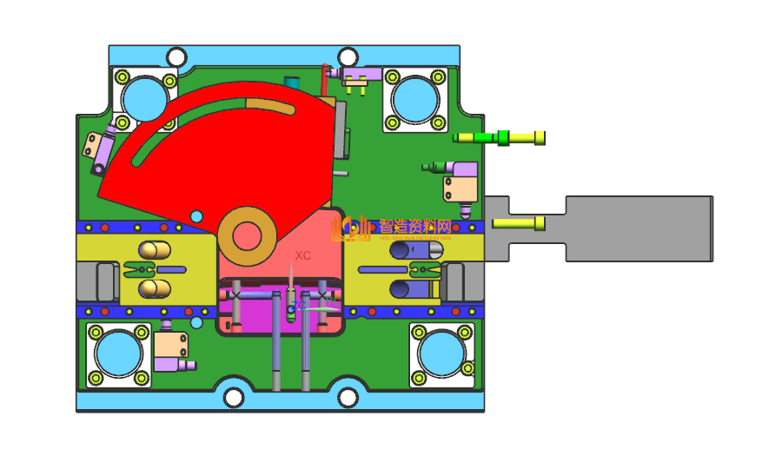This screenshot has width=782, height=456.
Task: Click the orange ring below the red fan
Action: [x=247, y=235]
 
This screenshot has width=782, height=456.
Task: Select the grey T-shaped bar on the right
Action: [x=639, y=228]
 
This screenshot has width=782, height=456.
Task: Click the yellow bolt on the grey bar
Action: [x=520, y=224]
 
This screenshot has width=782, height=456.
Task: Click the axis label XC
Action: [x=302, y=255]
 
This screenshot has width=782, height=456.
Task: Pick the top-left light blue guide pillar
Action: [x=143, y=97]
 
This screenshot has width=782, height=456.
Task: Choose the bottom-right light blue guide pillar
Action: [x=443, y=354]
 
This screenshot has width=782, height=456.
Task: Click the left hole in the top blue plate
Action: [x=176, y=57]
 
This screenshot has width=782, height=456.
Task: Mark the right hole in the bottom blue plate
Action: [x=348, y=398]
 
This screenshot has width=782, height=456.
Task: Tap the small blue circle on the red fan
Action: [x=196, y=215]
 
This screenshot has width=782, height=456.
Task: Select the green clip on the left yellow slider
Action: [x=142, y=269]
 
